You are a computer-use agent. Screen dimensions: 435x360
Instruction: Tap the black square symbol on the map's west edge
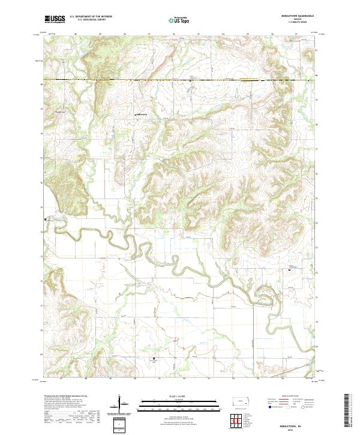[x=45, y=220]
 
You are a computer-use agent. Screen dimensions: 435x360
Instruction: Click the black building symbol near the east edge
[x=291, y=270]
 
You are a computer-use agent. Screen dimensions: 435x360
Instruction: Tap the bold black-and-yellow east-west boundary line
[x=180, y=80]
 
